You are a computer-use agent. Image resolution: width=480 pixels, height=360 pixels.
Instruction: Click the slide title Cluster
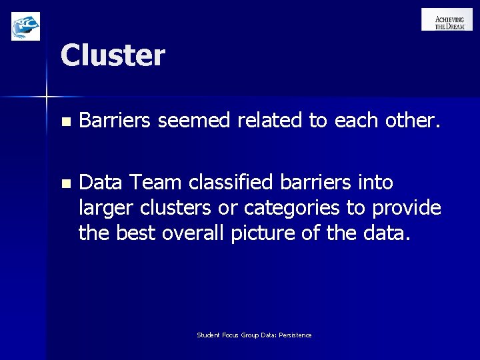coord(112,55)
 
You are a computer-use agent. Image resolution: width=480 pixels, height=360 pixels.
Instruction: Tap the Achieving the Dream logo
coord(447,19)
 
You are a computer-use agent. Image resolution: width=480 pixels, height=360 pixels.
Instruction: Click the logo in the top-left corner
coord(25,26)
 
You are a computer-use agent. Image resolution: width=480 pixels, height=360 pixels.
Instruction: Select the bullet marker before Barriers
coord(65,122)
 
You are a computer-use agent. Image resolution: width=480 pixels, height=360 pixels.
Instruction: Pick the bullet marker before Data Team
coord(65,183)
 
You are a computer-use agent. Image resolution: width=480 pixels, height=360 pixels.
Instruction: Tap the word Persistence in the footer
coord(295,335)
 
